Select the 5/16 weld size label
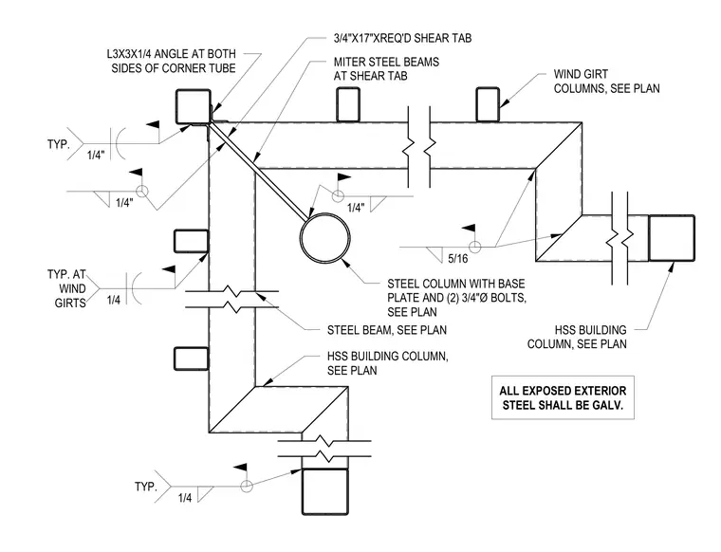tap(458, 259)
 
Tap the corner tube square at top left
tap(194, 106)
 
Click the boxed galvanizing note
tap(563, 397)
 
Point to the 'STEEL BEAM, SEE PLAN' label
tap(387, 330)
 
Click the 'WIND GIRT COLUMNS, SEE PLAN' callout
tap(606, 82)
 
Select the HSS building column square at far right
tap(672, 238)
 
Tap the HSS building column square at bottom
tap(324, 491)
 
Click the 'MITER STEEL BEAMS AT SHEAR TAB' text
tap(386, 69)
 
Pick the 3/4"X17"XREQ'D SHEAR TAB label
tap(402, 38)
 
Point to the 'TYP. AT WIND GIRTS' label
tap(66, 288)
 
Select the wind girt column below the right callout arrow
tap(488, 104)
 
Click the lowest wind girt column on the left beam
tap(192, 359)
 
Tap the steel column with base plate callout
tap(456, 298)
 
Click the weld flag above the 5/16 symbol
tap(469, 229)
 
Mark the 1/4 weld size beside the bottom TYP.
tap(185, 498)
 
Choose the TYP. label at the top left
tap(59, 144)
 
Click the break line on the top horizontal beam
tap(419, 146)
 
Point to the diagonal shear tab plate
tap(260, 170)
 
